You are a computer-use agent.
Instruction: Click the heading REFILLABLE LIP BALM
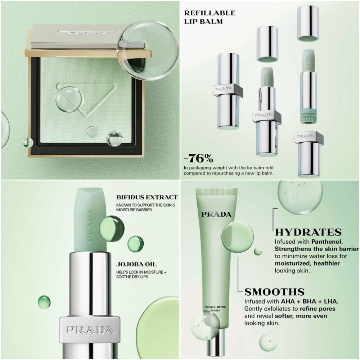(209, 17)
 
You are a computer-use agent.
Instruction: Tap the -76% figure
(198, 158)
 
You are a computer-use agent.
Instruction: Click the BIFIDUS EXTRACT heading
(147, 197)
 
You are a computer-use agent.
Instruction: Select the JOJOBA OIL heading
(136, 264)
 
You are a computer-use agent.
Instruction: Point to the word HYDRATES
(308, 232)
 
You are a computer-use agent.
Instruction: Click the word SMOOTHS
(274, 292)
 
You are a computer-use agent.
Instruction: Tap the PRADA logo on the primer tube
(216, 215)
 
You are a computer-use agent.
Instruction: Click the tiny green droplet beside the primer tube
(258, 251)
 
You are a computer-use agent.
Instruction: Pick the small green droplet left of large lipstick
(44, 301)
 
